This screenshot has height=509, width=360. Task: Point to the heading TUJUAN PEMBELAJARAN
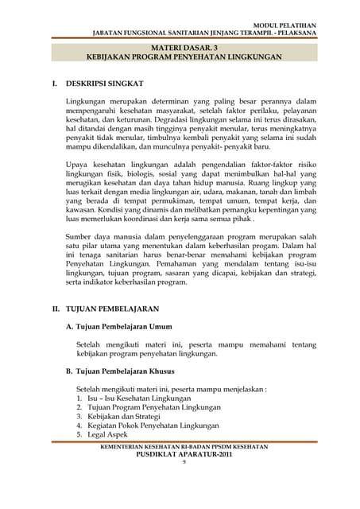pyautogui.click(x=112, y=308)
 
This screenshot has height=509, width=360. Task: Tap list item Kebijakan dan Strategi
pyautogui.click(x=123, y=417)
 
